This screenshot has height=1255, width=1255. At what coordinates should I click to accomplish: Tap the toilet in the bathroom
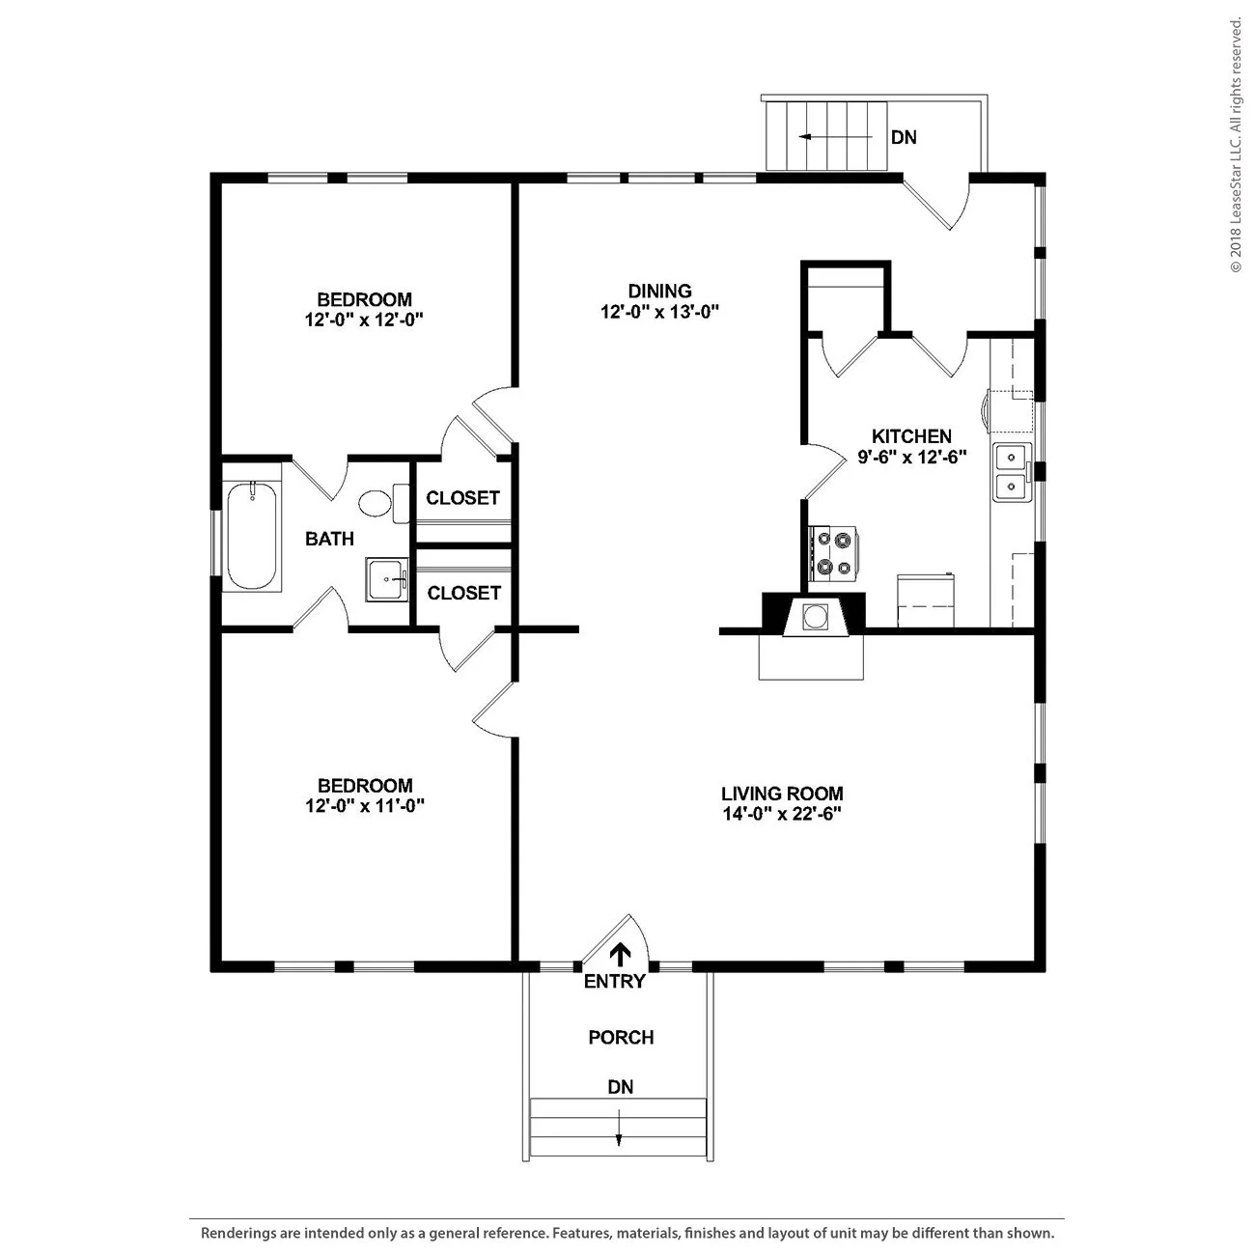coord(383,503)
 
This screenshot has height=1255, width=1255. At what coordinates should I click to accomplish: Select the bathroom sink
coord(387,579)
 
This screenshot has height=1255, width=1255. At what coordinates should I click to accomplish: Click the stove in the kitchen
coord(834,553)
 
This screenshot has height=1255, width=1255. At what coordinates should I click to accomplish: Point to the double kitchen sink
coord(1012,471)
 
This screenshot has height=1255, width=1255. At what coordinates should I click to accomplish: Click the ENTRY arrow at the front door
coord(620,954)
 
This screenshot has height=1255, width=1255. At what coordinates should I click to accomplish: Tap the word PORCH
coord(621,1037)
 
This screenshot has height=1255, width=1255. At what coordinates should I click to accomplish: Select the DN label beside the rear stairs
coord(904,137)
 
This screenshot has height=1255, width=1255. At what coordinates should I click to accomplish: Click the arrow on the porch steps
coord(619,1130)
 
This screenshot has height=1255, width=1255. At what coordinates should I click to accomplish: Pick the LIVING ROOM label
coord(782,794)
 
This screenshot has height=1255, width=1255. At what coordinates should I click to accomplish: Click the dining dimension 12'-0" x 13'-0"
coord(659,312)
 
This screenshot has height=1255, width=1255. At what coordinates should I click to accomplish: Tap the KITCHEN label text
coord(911,435)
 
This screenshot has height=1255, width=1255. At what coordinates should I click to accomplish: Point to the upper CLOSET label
coord(462,497)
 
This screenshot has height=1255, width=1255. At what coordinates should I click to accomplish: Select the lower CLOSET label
coord(463,593)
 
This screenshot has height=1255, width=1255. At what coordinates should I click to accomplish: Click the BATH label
coord(329,539)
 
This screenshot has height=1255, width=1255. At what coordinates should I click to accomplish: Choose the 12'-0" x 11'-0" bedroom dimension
coord(365,806)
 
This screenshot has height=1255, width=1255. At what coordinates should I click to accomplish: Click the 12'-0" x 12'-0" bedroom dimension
coord(364,320)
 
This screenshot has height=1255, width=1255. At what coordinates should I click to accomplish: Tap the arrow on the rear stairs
coord(836,137)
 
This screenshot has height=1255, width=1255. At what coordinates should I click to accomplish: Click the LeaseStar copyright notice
coord(1236,146)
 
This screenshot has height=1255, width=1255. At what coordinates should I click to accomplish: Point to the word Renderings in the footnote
coord(237,1234)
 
